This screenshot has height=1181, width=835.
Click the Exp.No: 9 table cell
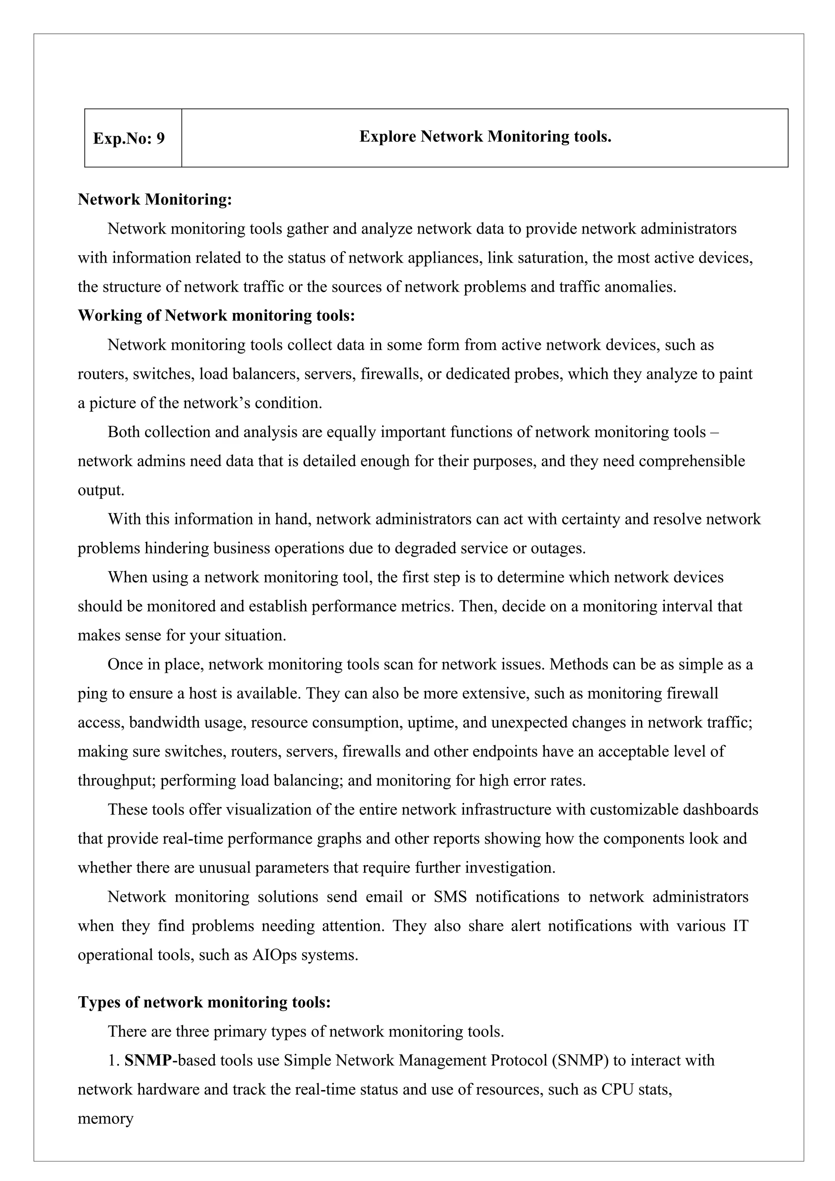click(129, 138)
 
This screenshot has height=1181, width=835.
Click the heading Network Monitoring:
click(155, 199)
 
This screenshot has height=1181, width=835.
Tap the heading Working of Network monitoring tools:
click(216, 315)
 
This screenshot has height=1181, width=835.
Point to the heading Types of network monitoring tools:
click(204, 1002)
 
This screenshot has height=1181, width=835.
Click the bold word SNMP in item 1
click(148, 1061)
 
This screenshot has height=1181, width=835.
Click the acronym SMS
click(450, 897)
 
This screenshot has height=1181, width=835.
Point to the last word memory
click(106, 1119)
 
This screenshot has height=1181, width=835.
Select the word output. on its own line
click(101, 490)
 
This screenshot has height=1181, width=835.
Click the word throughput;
click(117, 781)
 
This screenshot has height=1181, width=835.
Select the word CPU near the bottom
click(616, 1089)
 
